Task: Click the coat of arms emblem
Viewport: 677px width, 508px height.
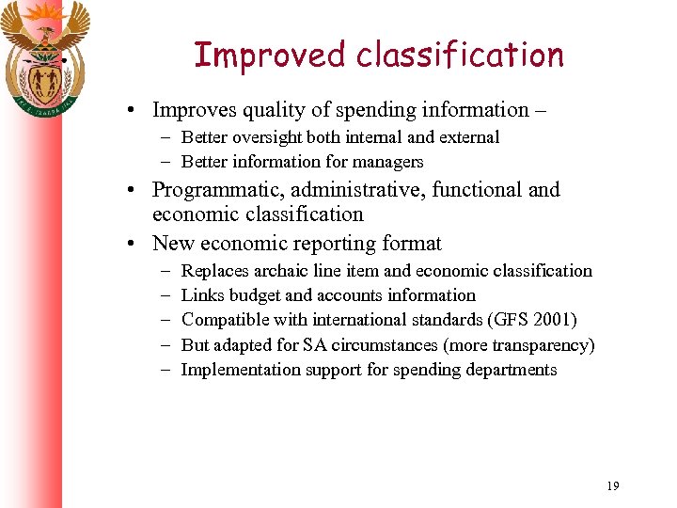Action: pyautogui.click(x=44, y=56)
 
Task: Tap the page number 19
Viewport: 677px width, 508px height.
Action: pyautogui.click(x=613, y=485)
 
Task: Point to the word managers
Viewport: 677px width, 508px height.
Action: pyautogui.click(x=387, y=162)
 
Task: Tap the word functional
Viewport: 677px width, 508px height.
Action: pyautogui.click(x=477, y=190)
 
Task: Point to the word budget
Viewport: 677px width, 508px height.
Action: pyautogui.click(x=254, y=295)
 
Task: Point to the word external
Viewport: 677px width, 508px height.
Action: pyautogui.click(x=468, y=137)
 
